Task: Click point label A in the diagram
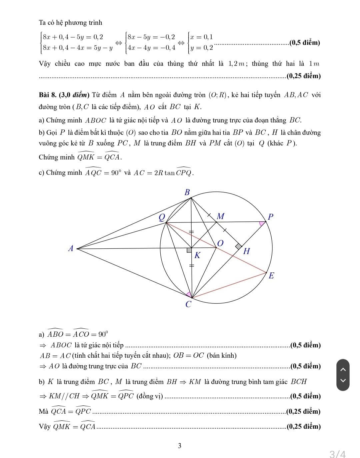(x=70, y=249)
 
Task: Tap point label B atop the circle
(x=187, y=192)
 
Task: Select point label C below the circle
(x=188, y=304)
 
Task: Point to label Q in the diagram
(x=162, y=217)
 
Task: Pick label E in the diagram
(x=271, y=276)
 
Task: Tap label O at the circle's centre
(x=220, y=243)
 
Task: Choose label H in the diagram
(x=247, y=251)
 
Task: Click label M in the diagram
(x=220, y=216)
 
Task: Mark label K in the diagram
(x=197, y=256)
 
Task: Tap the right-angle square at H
(x=239, y=246)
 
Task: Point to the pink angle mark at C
(x=189, y=294)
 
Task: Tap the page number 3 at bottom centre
(x=180, y=446)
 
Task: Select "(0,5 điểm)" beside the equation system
(x=305, y=43)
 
